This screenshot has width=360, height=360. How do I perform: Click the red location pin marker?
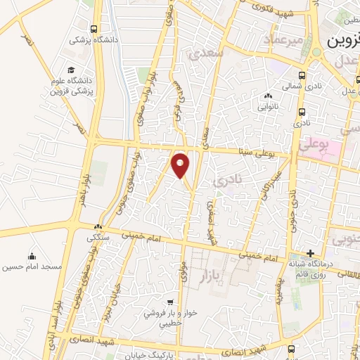[181, 165]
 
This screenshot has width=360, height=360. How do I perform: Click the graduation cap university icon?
[71, 70]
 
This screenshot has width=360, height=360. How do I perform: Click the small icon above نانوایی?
[267, 96]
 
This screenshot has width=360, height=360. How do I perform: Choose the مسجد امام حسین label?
[32, 266]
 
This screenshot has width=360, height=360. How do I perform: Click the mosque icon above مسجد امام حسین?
[32, 255]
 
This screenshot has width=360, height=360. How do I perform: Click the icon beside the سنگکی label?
[98, 227]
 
